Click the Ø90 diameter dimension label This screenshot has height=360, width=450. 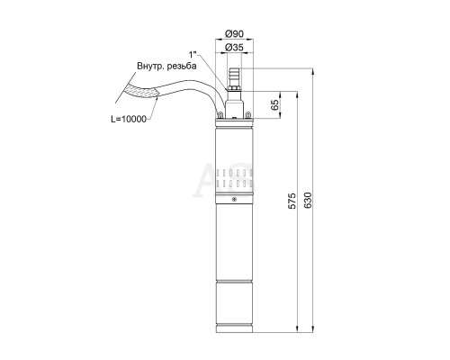tap(234, 34)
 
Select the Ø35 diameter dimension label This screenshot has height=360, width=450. tap(234, 48)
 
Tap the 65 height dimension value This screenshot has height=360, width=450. tap(274, 104)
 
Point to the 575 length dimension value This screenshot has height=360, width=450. tap(292, 202)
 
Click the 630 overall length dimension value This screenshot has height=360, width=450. tap(308, 201)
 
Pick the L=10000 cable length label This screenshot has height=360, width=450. tap(129, 120)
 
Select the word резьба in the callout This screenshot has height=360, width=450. tap(183, 67)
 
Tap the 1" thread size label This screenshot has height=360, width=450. tap(193, 55)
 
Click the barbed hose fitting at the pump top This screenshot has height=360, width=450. tap(234, 77)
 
